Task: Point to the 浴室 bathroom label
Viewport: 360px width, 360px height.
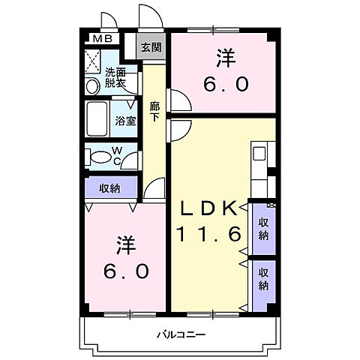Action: pos(125,120)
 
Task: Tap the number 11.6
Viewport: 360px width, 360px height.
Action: pos(208,235)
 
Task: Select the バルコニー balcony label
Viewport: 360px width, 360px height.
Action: pos(181,334)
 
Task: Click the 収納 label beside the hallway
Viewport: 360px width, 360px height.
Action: pos(110,187)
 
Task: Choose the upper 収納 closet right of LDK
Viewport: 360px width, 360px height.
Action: pos(264,228)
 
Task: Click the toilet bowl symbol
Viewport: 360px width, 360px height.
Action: pos(100,157)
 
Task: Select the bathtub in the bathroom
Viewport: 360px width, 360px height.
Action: pos(99,119)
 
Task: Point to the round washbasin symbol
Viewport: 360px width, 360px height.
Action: pos(92,86)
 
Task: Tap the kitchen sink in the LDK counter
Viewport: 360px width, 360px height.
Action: pos(259,154)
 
